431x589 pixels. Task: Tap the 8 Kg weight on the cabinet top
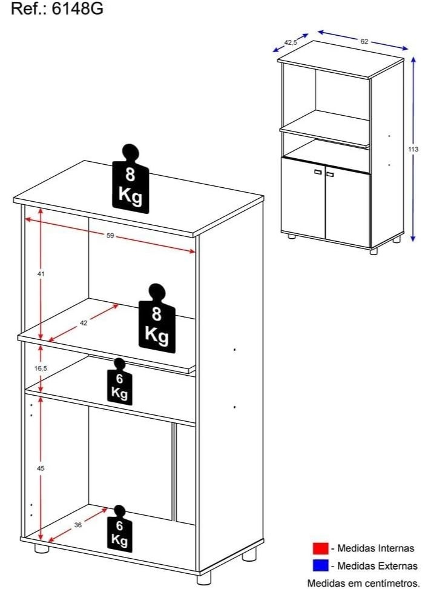point(130,181)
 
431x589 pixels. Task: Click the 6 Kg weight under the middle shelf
point(119,381)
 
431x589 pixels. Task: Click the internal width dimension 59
point(110,235)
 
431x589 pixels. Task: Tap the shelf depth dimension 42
point(84,323)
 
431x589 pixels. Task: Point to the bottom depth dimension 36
point(77,525)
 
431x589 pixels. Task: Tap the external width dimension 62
point(364,42)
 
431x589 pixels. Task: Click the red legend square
point(320,548)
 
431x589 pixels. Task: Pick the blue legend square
point(320,566)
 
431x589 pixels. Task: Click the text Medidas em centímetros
point(363,583)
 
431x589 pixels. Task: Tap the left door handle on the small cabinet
point(317,173)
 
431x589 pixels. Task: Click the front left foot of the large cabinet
point(41,550)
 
